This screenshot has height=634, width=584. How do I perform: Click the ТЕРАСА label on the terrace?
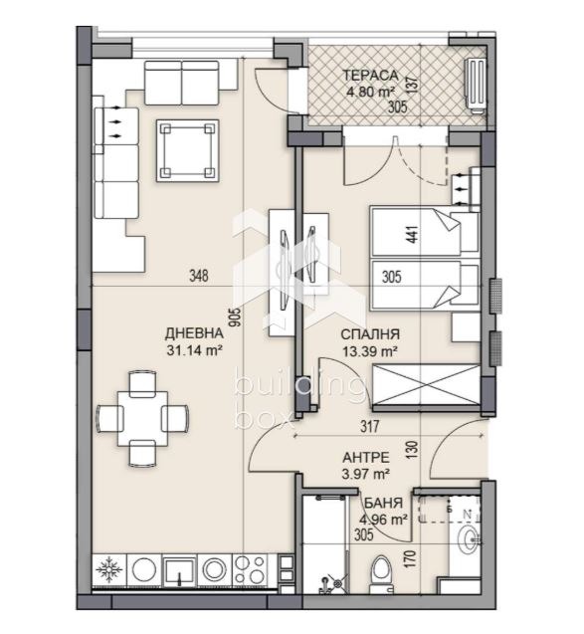point(371,75)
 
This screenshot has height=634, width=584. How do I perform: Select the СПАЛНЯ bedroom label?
point(370,335)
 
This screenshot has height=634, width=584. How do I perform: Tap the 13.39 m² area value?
point(370,351)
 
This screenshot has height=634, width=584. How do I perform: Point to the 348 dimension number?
point(198,278)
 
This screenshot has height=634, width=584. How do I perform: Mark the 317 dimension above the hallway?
point(370,430)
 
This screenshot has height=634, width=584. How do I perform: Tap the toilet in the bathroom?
point(378,574)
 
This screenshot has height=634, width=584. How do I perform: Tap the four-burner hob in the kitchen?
point(250,570)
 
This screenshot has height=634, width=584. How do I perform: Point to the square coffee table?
point(187,150)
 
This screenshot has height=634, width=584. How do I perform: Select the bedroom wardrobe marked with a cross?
point(425,385)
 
